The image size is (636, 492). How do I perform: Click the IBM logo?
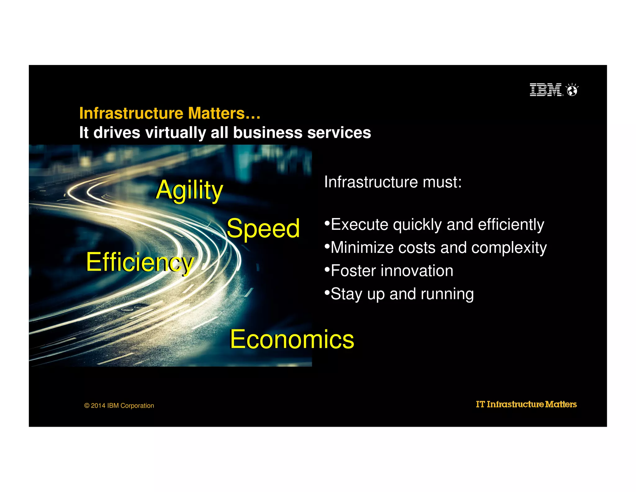pos(546,90)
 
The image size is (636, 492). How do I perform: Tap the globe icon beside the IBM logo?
pos(572,90)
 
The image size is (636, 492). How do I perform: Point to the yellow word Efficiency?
pos(140,262)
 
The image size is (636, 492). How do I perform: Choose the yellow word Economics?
pos(292,339)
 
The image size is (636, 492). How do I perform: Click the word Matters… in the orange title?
pos(224,113)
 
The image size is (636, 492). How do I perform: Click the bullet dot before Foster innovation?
pos(327,269)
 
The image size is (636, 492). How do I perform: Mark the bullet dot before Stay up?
pos(327,292)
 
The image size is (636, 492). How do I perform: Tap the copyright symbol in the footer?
pos(87,406)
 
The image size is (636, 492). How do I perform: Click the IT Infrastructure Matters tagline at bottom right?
pos(526,404)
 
